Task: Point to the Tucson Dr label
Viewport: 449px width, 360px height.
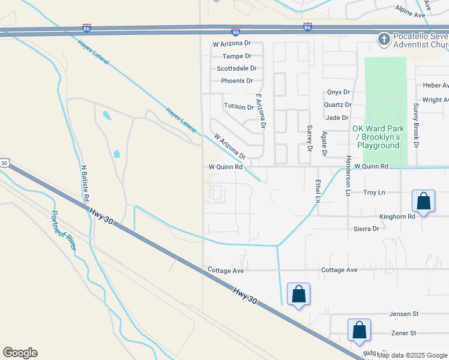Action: point(238,107)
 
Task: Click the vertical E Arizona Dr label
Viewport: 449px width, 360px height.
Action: point(260,112)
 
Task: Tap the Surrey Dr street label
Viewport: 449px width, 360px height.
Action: point(310,137)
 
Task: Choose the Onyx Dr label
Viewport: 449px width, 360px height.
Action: point(338,92)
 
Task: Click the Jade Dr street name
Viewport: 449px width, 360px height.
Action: point(337,118)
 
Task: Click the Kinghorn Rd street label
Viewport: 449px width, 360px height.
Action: point(397,217)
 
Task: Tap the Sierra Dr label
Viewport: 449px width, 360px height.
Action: point(366,229)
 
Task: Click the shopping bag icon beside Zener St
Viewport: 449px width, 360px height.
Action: point(359,330)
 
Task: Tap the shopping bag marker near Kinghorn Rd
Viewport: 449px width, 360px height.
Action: point(423,202)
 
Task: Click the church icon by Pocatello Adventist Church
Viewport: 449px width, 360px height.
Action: point(384,40)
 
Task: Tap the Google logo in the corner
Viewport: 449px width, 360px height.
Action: point(20,353)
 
